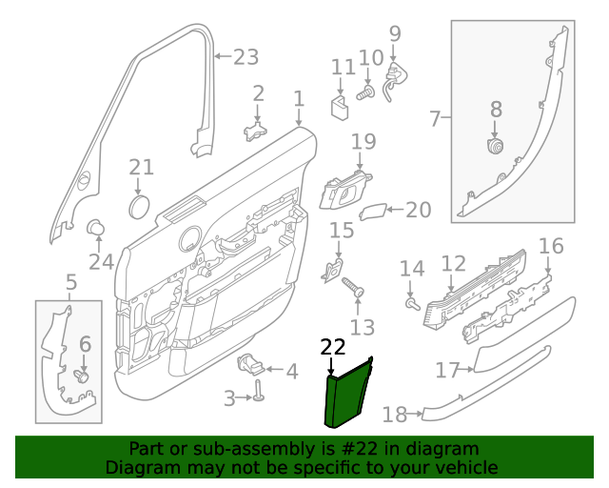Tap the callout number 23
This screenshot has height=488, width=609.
click(246, 57)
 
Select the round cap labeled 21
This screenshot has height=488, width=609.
click(140, 205)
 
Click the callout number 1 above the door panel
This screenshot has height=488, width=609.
click(299, 98)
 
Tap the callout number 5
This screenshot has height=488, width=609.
click(70, 282)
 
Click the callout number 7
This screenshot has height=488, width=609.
click(435, 119)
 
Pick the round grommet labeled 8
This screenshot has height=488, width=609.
click(495, 146)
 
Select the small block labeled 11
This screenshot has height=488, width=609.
click(339, 104)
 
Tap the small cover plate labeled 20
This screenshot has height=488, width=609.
click(376, 211)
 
